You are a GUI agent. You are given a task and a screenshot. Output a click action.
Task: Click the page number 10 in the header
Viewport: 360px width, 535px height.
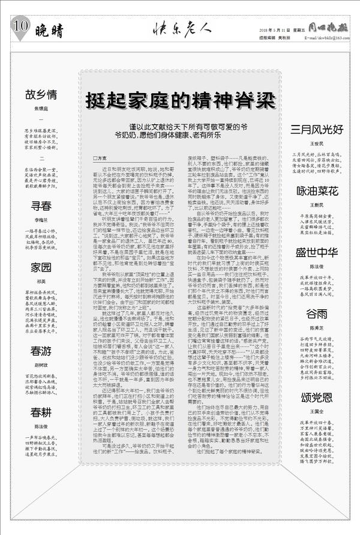(19, 25)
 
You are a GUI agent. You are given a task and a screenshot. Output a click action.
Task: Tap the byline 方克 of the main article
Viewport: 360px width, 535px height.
(100, 158)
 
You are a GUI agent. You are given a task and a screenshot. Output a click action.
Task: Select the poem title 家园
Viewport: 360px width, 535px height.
(41, 267)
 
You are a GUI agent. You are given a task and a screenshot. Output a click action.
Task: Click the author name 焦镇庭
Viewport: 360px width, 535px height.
(41, 109)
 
